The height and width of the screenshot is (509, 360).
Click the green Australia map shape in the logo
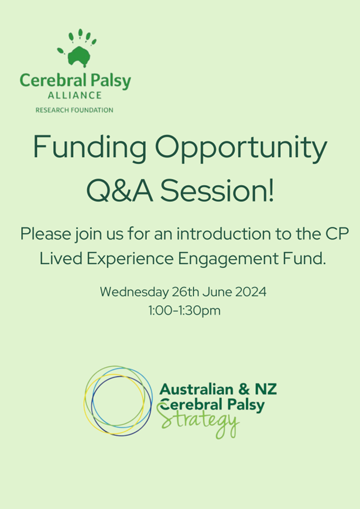coord(79,56)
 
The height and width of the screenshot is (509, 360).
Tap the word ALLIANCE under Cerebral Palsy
coord(74,95)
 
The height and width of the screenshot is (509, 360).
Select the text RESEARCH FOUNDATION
coord(74,110)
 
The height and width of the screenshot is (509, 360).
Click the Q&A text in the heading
coord(119,191)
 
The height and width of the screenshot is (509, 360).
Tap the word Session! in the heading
coord(217,190)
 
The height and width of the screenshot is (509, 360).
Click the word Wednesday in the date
coord(134,292)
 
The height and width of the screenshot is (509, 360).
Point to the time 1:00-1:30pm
coord(184,310)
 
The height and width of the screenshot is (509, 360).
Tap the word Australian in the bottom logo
coord(197,389)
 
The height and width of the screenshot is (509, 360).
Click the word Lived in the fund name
coord(61,259)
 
